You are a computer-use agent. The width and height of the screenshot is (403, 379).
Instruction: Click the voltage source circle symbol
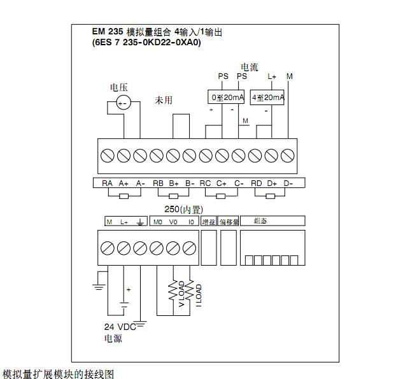pos(122,102)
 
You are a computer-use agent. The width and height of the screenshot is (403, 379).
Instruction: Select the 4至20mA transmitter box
pos(267,97)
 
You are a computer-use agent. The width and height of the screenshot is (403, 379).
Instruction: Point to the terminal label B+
pos(174,183)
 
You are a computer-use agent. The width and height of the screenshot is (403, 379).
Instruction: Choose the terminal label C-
pos(239,183)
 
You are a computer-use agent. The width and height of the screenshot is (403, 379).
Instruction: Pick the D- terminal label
pos(288,183)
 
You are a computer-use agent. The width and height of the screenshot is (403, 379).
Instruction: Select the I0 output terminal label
pos(190,222)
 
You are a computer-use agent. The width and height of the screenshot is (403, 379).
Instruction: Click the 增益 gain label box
pos(208,221)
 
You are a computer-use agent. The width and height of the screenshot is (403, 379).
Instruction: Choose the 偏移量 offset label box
pos(229,221)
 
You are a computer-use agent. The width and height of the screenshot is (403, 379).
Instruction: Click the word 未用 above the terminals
pos(164,101)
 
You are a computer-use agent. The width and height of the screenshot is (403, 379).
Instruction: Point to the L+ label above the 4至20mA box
pos(272,76)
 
